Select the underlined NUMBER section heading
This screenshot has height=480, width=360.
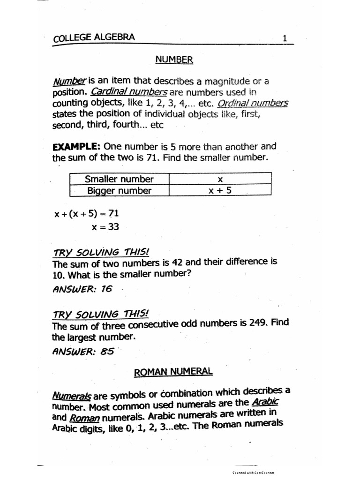coord(174,60)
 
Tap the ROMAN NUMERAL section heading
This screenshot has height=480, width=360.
coord(173,372)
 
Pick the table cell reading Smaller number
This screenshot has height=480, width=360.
coord(119,179)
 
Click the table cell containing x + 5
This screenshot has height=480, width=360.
coord(219,190)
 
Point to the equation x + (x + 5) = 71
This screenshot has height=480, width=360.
coord(87,214)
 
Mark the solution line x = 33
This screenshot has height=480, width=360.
coord(105,227)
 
